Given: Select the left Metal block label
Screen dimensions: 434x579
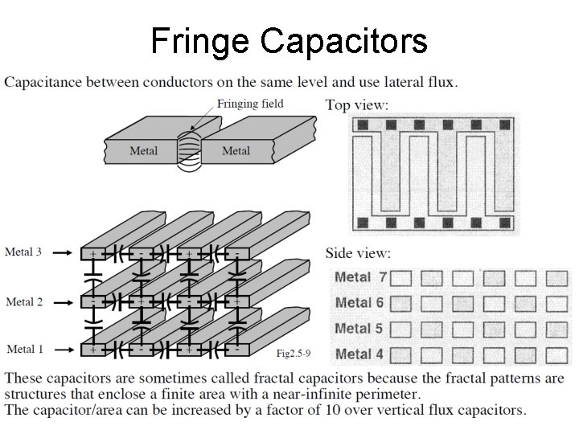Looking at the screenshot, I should pyautogui.click(x=144, y=151).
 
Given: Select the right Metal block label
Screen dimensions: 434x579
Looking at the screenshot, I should pyautogui.click(x=236, y=151).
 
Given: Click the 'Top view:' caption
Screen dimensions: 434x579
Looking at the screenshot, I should pyautogui.click(x=357, y=104).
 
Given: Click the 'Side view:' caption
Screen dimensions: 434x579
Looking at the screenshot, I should pyautogui.click(x=359, y=253).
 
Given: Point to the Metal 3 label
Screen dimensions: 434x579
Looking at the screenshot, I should pyautogui.click(x=24, y=252).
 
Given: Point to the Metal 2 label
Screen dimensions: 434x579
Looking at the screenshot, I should pyautogui.click(x=24, y=302).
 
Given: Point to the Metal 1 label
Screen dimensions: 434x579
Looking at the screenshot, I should pyautogui.click(x=24, y=349).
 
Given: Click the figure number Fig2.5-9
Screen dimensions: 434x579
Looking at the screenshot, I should pyautogui.click(x=294, y=353).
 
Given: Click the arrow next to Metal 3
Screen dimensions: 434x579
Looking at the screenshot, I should pyautogui.click(x=64, y=252).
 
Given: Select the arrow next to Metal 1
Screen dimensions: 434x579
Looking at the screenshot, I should pyautogui.click(x=64, y=349).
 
